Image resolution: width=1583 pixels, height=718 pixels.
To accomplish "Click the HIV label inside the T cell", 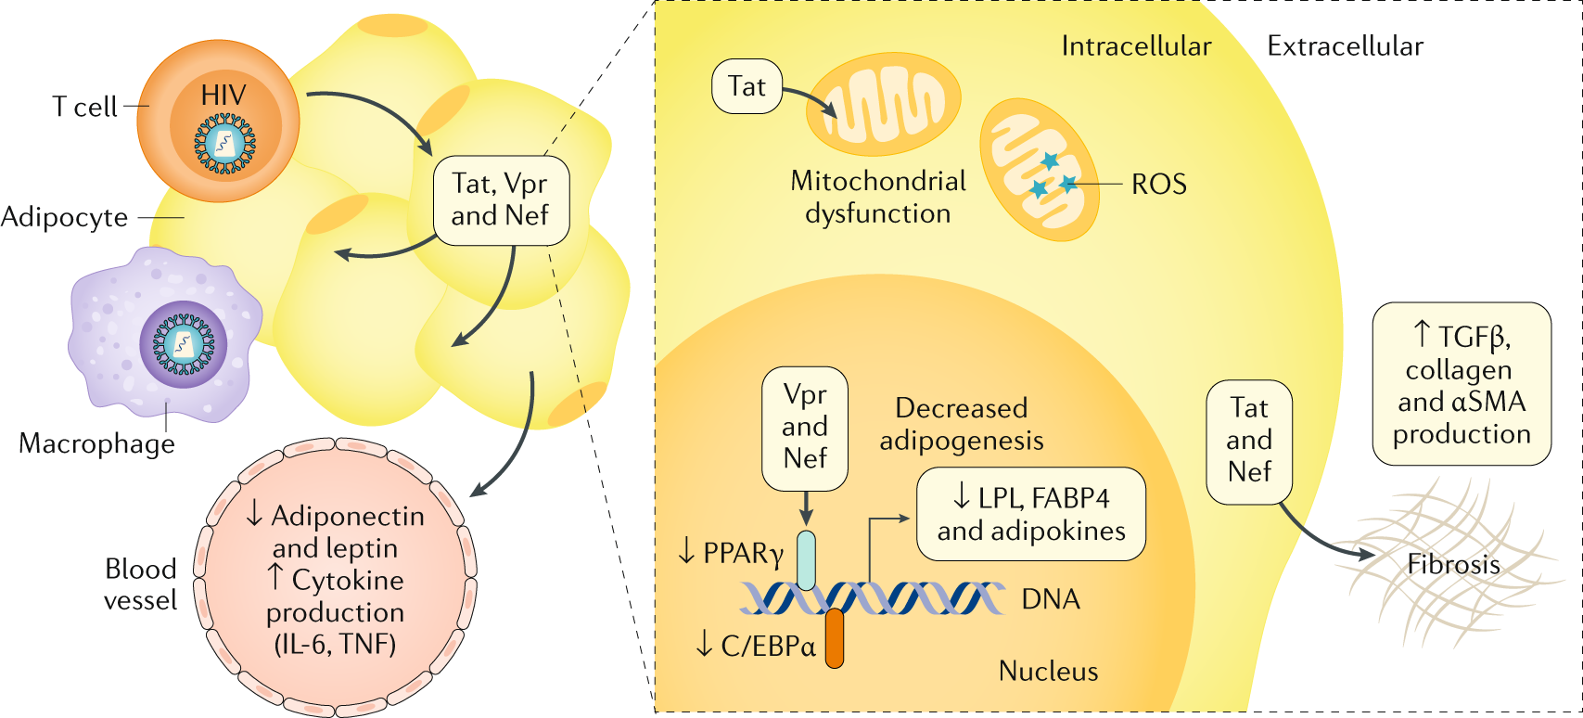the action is (223, 96).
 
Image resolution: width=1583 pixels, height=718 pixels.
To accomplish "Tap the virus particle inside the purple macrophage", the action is (184, 345).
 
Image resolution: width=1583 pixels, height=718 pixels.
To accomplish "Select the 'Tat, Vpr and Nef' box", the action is (501, 200).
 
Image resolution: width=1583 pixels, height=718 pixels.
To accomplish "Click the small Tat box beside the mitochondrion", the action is (747, 87).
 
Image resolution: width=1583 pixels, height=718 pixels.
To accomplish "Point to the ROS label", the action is (1159, 185).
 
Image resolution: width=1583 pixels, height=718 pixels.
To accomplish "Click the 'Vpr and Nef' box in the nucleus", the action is (805, 429).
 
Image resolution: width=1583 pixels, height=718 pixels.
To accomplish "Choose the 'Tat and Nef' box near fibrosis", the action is (1249, 442).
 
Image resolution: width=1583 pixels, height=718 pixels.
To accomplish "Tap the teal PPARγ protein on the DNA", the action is (807, 560).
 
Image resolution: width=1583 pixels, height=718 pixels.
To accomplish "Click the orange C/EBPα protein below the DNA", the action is (835, 638).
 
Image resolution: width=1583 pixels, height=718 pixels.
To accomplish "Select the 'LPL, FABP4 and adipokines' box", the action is (1031, 514).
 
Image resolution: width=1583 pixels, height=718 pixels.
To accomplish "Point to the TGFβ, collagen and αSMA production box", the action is (1462, 384).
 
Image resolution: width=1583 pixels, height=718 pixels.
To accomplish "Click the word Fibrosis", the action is (1454, 565).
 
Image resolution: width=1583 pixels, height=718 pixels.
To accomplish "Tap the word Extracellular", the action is (1345, 46).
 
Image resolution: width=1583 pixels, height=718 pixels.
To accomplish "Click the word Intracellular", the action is (1136, 46).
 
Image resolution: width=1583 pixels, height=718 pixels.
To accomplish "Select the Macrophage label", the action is (96, 444).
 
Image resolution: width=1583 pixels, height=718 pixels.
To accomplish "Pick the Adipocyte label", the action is (64, 218).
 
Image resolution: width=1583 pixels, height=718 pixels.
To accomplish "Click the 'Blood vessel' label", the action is (141, 584).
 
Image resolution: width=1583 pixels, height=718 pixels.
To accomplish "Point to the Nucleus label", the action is (1049, 672).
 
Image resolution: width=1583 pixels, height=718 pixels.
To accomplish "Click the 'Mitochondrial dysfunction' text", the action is (878, 198).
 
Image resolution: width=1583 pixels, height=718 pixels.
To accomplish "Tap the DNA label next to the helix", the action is (1051, 600).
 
